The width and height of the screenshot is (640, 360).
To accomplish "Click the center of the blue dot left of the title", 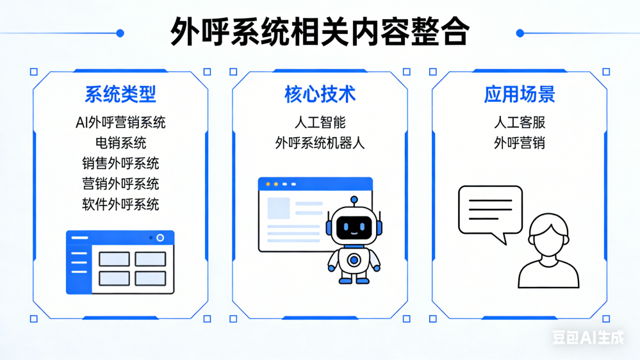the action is [x=120, y=33].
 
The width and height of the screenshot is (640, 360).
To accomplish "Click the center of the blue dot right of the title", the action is [x=520, y=33].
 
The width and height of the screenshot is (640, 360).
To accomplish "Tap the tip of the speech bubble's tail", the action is [x=506, y=245].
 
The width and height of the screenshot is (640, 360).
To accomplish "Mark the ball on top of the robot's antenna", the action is [x=354, y=200].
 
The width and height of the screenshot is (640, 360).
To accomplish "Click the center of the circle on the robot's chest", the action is [x=354, y=259].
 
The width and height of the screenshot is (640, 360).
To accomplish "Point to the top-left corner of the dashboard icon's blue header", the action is [x=67, y=231].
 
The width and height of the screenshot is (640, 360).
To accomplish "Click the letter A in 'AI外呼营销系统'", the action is [x=80, y=122].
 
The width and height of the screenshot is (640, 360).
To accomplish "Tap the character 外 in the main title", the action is [x=185, y=31].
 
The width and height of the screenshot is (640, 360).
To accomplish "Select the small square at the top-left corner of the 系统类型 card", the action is [x=34, y=72].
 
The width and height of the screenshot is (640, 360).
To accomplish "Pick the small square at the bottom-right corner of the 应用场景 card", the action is [x=606, y=319].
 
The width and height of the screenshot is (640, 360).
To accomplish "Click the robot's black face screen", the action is [x=354, y=227].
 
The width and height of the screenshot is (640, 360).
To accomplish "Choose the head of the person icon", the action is [x=548, y=234].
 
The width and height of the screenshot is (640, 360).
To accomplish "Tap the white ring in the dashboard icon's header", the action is [x=160, y=238].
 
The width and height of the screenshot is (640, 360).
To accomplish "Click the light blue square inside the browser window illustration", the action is [x=279, y=208].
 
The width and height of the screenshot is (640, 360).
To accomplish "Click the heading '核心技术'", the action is [x=320, y=94].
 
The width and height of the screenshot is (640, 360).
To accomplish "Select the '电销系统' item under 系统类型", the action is [x=120, y=143].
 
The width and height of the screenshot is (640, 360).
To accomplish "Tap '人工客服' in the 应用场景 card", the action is [x=520, y=122].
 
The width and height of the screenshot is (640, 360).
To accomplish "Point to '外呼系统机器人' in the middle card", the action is [x=320, y=143].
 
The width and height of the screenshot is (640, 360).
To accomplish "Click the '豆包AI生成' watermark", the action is [x=588, y=337].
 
